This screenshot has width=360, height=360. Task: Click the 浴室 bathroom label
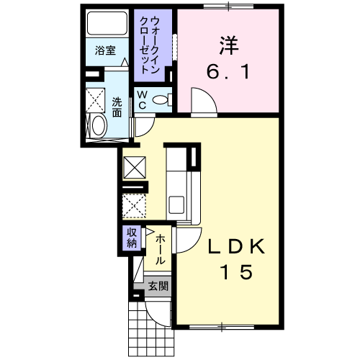point(105,50)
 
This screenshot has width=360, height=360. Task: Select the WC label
point(142,101)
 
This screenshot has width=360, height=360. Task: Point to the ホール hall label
point(161,249)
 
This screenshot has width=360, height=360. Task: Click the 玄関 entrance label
point(158,287)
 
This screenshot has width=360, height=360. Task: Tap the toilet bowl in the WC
point(163,100)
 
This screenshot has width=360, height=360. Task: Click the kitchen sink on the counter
point(176,203)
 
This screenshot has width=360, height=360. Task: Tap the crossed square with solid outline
point(135,168)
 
